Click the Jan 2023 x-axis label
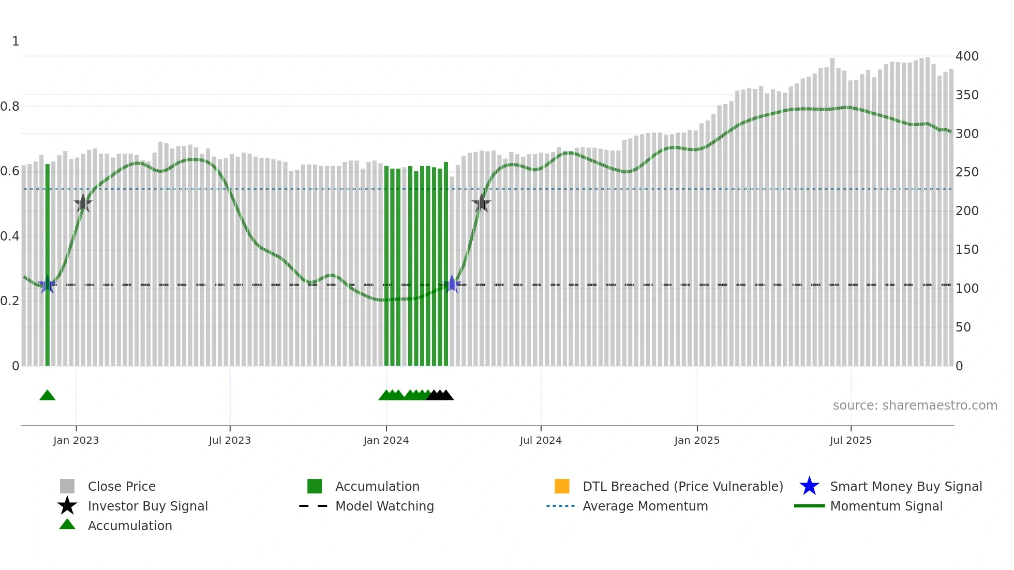76,440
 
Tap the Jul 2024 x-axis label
541,440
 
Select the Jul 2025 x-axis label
851,440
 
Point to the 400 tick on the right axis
967,56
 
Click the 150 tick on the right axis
967,250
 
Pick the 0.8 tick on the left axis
10,107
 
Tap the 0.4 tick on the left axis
10,236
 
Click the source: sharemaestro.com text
915,406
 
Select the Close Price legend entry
122,486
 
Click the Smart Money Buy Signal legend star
809,486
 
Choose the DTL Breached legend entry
683,486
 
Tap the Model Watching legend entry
384,506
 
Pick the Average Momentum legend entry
645,506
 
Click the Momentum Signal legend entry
886,506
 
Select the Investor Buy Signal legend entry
147,506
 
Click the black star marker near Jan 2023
83,203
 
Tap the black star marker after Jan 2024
481,203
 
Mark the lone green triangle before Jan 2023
48,396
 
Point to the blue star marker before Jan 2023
48,284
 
